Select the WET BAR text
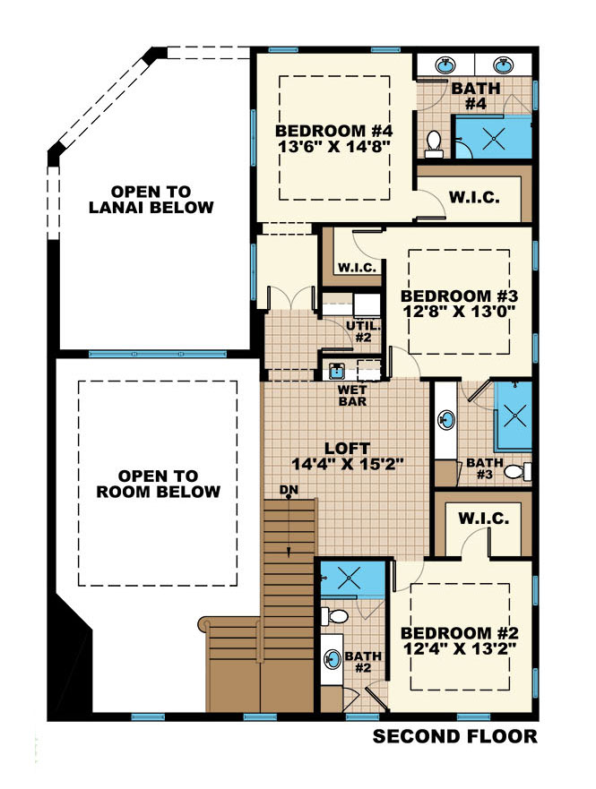tap(350, 396)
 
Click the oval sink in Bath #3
tap(445, 422)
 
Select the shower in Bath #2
tap(351, 578)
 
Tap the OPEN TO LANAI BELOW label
tap(163, 200)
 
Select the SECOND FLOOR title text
tap(454, 737)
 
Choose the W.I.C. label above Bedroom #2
tap(484, 518)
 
